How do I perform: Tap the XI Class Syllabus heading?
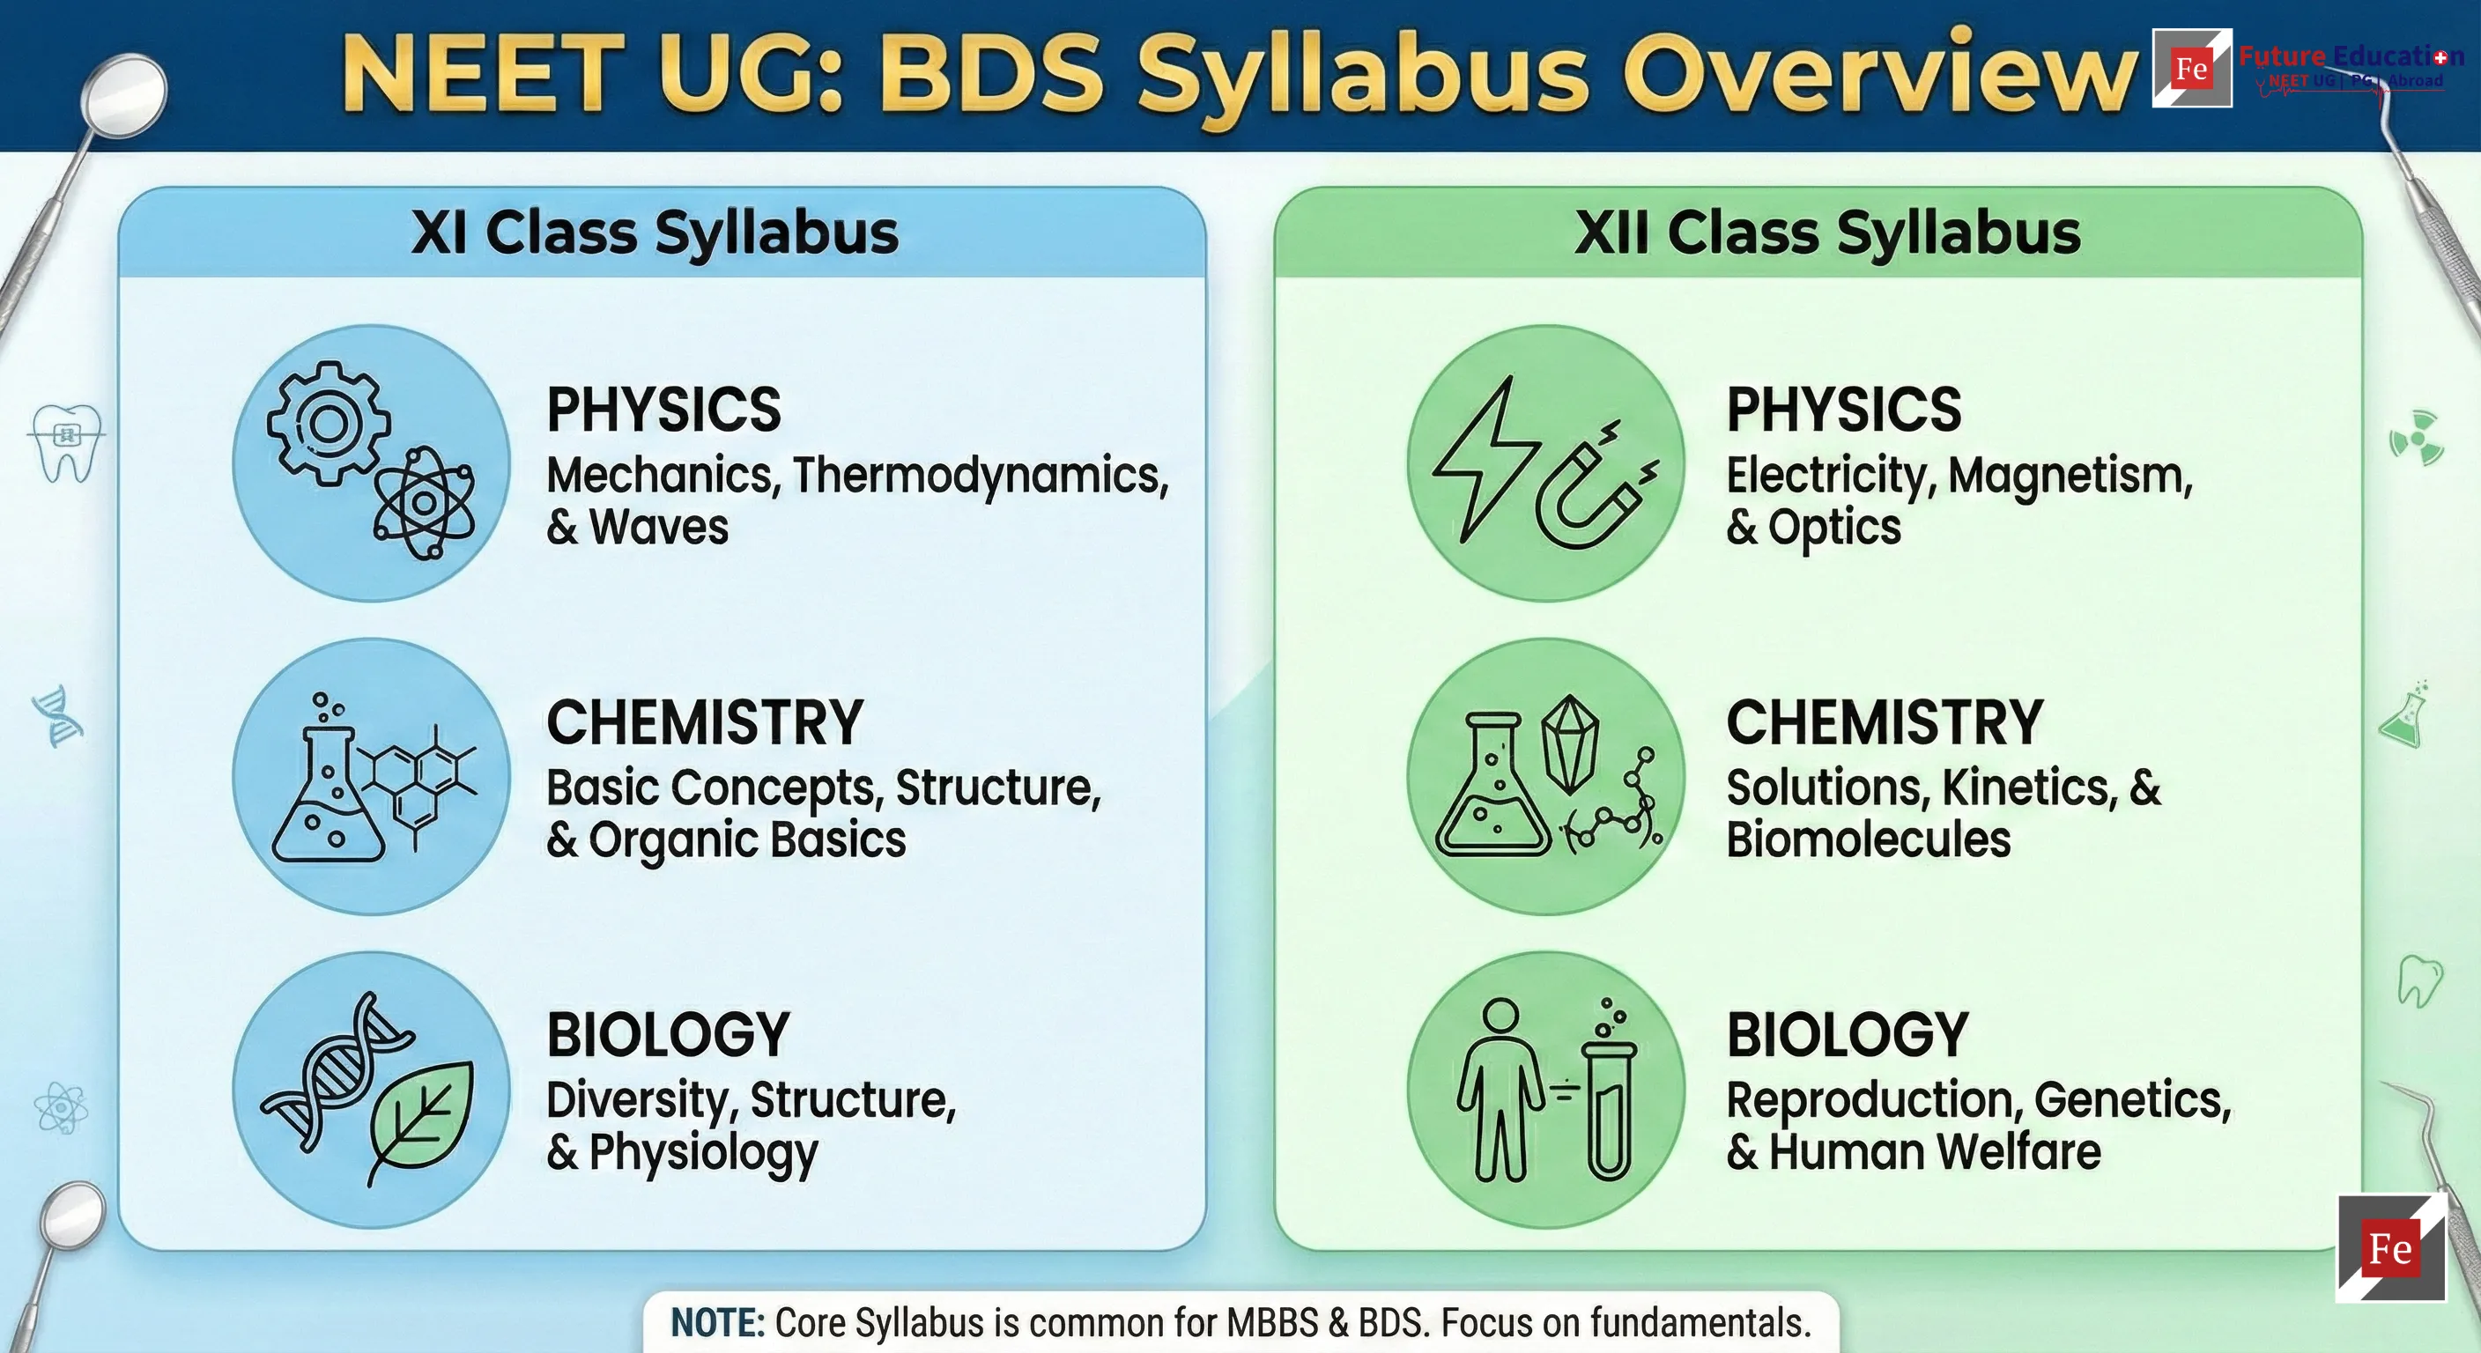(x=655, y=233)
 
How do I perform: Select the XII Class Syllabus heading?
(x=1827, y=233)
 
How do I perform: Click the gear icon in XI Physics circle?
(x=329, y=424)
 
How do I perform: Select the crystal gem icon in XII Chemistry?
(x=1570, y=743)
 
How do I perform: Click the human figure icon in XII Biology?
(x=1500, y=1088)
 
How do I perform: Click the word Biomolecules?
(x=1868, y=839)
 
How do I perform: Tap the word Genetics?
(x=2132, y=1099)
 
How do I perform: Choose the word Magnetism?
(x=2070, y=476)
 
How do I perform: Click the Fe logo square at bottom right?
(x=2390, y=1248)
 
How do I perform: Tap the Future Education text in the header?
(x=2350, y=55)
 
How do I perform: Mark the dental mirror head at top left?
(x=125, y=90)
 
